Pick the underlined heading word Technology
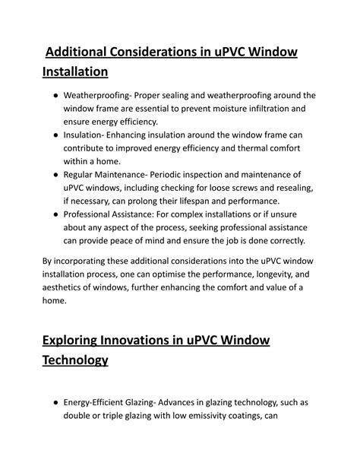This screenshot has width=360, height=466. (74, 360)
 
